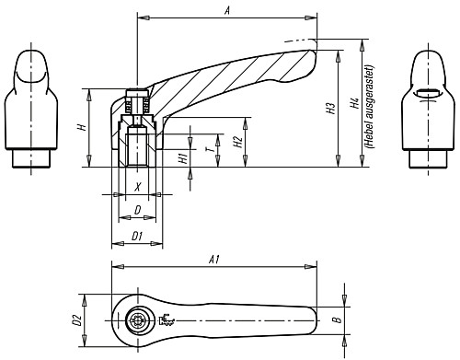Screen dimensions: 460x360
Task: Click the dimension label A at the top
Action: coord(227,11)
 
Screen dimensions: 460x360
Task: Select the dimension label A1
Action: coord(213,260)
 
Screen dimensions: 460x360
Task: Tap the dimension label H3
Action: coord(331,109)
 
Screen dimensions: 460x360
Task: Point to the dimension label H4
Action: coord(355,103)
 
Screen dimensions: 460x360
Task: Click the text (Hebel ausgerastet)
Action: coord(370,107)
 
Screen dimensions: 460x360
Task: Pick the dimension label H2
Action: coord(238,142)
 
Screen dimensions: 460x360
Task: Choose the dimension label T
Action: coord(211,149)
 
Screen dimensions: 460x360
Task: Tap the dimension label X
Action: coord(138,187)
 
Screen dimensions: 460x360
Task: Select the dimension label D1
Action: coord(137,237)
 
